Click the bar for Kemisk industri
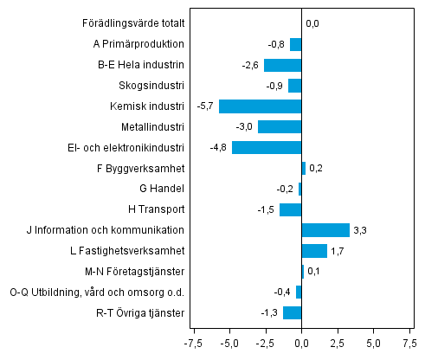[261, 106]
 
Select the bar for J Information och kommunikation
[325, 230]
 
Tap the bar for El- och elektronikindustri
[267, 147]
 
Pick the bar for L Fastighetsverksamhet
[314, 251]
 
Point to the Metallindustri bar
[280, 127]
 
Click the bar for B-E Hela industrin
[283, 65]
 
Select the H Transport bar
[291, 209]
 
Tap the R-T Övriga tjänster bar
[293, 312]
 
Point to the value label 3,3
[362, 230]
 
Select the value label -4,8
[220, 147]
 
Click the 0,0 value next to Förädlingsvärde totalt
[312, 23]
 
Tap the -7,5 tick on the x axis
[194, 343]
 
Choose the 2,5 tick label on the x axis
[338, 343]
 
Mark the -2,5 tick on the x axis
[265, 343]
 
